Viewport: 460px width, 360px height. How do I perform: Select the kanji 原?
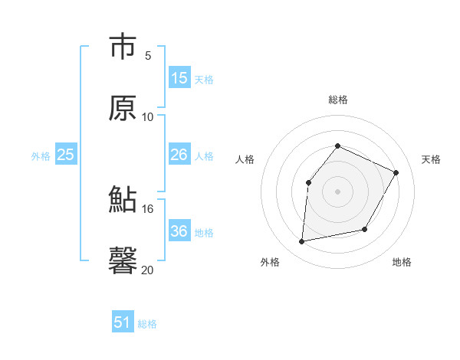pyautogui.click(x=123, y=108)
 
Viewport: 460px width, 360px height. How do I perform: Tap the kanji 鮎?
pyautogui.click(x=123, y=200)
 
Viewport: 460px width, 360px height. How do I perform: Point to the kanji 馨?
pyautogui.click(x=123, y=260)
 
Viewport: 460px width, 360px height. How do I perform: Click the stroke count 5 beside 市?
pyautogui.click(x=148, y=55)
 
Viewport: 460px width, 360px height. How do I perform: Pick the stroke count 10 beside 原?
pyautogui.click(x=148, y=116)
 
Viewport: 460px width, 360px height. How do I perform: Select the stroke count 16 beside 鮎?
pyautogui.click(x=148, y=208)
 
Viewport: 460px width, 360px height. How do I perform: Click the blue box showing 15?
pyautogui.click(x=179, y=78)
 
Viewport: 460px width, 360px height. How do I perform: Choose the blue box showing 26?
pyautogui.click(x=179, y=155)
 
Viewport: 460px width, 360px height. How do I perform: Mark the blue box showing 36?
pyautogui.click(x=179, y=231)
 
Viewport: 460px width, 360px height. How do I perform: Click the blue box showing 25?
pyautogui.click(x=66, y=155)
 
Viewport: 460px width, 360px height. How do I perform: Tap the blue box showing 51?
pyautogui.click(x=123, y=322)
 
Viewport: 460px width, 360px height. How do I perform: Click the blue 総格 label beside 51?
pyautogui.click(x=147, y=324)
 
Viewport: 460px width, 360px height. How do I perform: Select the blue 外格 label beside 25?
pyautogui.click(x=41, y=156)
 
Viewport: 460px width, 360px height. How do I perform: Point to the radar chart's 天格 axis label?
pyautogui.click(x=431, y=159)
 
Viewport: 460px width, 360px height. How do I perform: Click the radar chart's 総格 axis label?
pyautogui.click(x=337, y=100)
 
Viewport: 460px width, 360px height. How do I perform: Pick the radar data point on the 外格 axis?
pyautogui.click(x=302, y=242)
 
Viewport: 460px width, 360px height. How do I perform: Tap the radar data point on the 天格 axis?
pyautogui.click(x=396, y=172)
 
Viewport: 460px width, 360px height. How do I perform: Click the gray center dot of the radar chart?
pyautogui.click(x=337, y=191)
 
